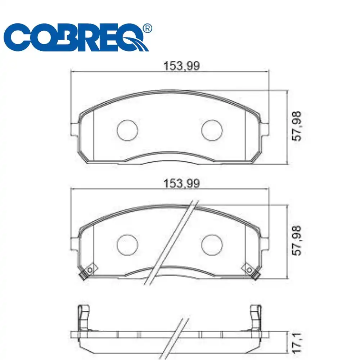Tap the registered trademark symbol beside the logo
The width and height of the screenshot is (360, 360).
pyautogui.click(x=147, y=28)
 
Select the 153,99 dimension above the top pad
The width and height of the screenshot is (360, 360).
pyautogui.click(x=181, y=66)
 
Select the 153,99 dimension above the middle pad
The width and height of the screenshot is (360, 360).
pyautogui.click(x=181, y=184)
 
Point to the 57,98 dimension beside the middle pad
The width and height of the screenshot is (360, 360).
pyautogui.click(x=298, y=240)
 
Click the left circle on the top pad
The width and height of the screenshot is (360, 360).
pyautogui.click(x=128, y=130)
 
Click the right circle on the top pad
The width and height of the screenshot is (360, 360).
pyautogui.click(x=212, y=130)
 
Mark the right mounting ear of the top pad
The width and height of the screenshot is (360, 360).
pyautogui.click(x=265, y=130)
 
